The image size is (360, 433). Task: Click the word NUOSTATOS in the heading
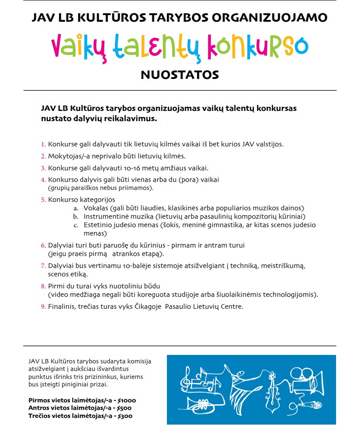(x=180, y=75)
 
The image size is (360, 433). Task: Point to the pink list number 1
(x=43, y=145)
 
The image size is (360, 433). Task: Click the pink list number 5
(x=43, y=200)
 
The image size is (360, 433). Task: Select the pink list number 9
(x=43, y=307)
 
